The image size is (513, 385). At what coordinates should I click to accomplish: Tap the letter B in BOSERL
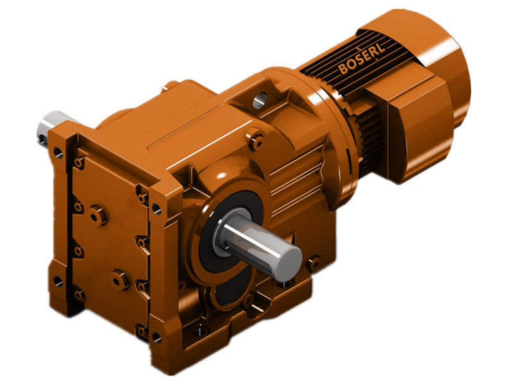tap(343, 66)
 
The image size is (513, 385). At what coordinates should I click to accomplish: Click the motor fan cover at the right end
tap(442, 71)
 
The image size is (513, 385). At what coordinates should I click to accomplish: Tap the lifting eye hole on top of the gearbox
tap(260, 99)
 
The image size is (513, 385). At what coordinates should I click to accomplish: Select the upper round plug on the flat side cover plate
tap(98, 216)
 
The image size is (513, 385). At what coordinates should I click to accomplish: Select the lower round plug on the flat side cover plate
tap(120, 279)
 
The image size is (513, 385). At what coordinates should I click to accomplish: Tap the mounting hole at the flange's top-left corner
tap(58, 153)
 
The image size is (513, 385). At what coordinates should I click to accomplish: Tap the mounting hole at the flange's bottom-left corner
tap(58, 280)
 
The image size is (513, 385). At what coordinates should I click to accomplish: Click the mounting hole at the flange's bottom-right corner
tap(156, 335)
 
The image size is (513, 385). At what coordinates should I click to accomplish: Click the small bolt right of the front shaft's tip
tap(314, 262)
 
